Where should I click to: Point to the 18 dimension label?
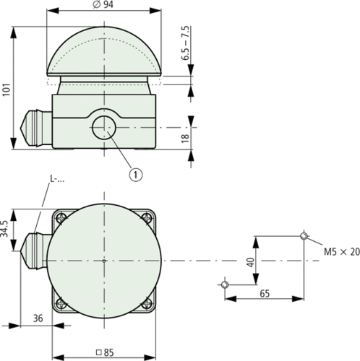pos(186,139)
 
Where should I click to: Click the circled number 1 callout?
pos(134,173)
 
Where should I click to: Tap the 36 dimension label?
pos(38,318)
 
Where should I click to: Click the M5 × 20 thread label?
pos(340,252)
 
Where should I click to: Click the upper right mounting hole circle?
pos(305,236)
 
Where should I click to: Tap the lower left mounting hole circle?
pos(225,285)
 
